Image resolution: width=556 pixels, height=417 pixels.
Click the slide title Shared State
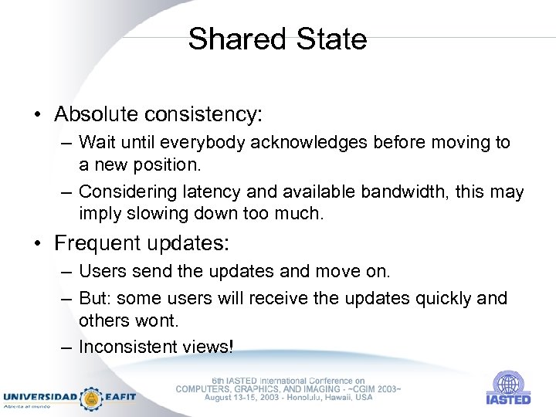(277, 39)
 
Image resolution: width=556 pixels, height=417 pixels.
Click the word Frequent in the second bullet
(94, 243)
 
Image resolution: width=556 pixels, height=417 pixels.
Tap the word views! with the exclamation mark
(208, 347)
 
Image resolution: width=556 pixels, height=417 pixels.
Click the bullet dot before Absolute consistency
(38, 116)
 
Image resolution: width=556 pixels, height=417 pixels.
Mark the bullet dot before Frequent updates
(38, 244)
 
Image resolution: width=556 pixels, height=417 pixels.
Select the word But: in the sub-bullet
(96, 298)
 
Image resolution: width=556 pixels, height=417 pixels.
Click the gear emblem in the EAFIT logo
(92, 398)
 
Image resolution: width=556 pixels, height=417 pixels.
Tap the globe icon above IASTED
(507, 384)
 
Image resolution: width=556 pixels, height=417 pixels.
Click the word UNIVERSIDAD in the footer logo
(40, 397)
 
